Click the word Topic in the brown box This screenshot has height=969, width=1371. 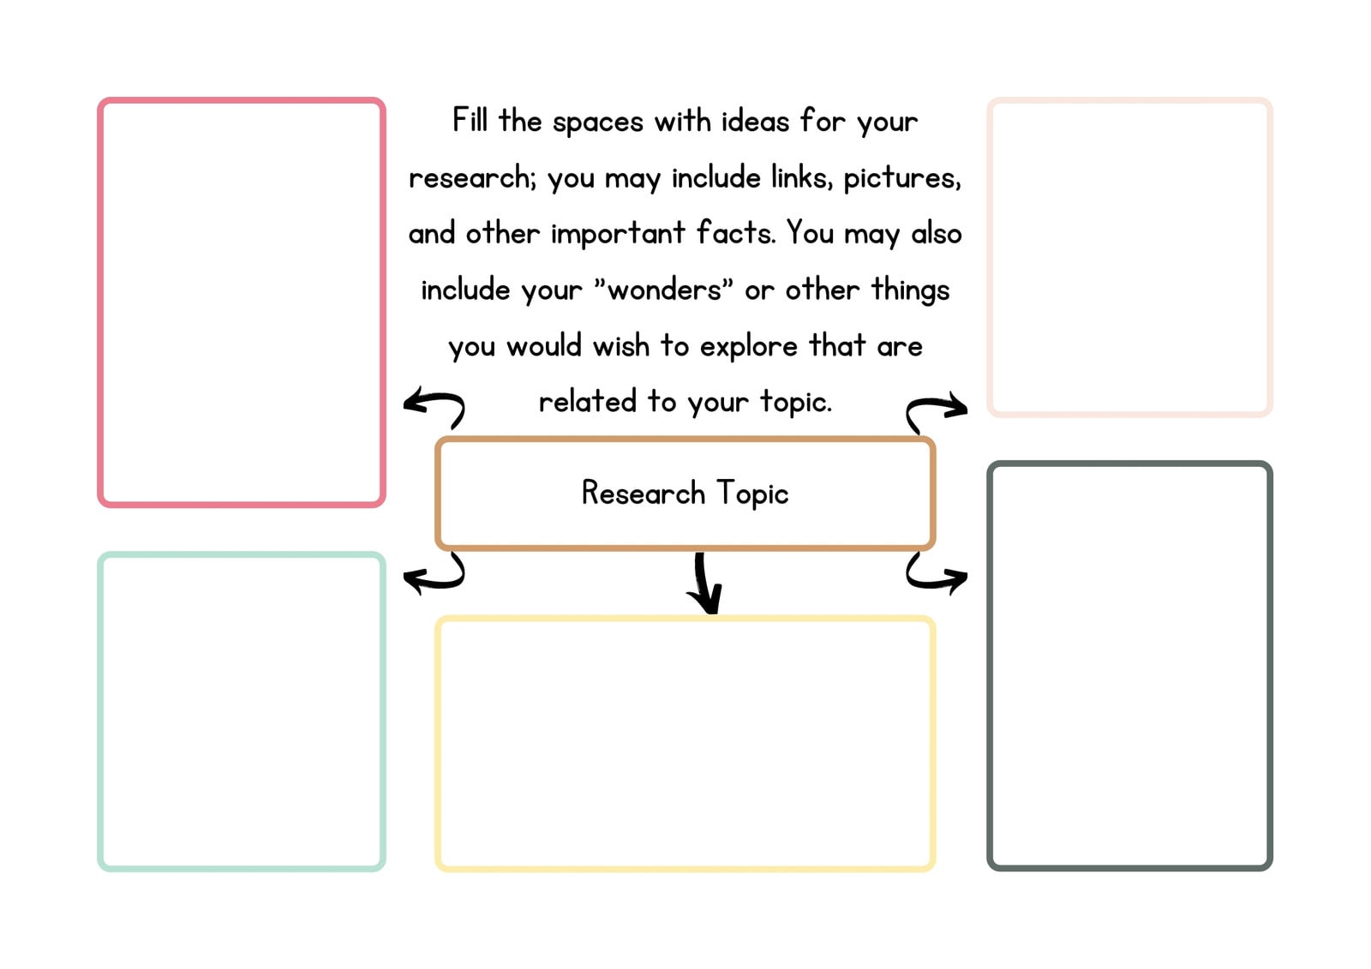(x=752, y=493)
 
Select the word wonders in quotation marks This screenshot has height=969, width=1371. (x=665, y=290)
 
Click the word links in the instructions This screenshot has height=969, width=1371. (x=802, y=176)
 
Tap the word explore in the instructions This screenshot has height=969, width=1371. (x=749, y=347)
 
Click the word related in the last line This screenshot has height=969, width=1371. (x=587, y=401)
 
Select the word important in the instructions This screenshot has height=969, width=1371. (x=618, y=233)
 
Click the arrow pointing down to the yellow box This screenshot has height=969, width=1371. (x=703, y=583)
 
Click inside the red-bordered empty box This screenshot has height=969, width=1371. (x=241, y=302)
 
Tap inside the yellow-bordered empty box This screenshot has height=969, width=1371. (x=685, y=744)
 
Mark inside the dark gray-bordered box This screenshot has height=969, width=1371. (x=1130, y=666)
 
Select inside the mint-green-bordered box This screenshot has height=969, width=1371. (x=241, y=711)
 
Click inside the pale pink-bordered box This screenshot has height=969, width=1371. (x=1130, y=257)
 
